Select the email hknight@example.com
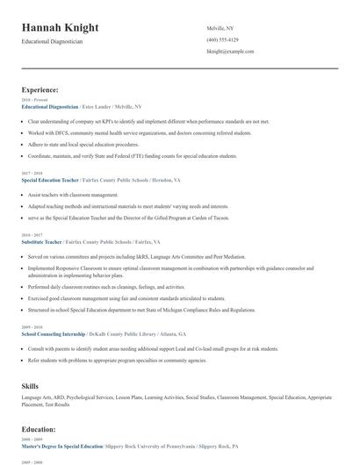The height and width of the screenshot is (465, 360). [x=230, y=52]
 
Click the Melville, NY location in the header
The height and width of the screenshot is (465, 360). [x=220, y=29]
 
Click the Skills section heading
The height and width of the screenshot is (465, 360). [x=31, y=385]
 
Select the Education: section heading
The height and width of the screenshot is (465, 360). [x=39, y=429]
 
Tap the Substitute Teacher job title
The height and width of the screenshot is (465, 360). [x=41, y=241]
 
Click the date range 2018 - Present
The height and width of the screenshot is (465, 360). [x=33, y=100]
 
